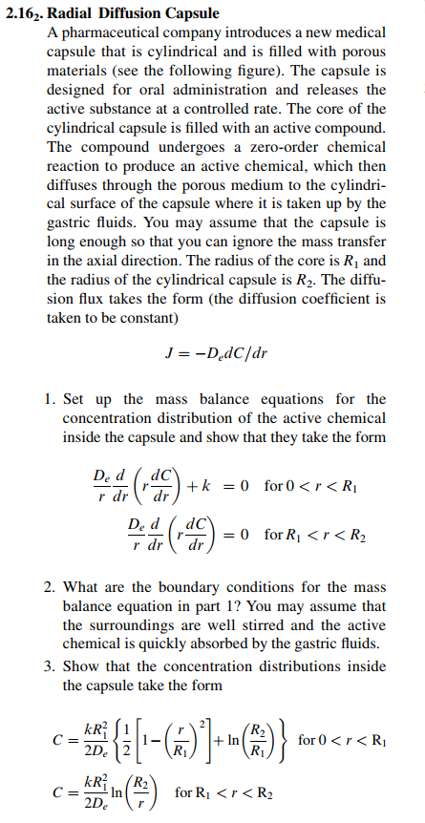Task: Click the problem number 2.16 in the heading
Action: [22, 14]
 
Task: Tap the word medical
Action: [359, 33]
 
